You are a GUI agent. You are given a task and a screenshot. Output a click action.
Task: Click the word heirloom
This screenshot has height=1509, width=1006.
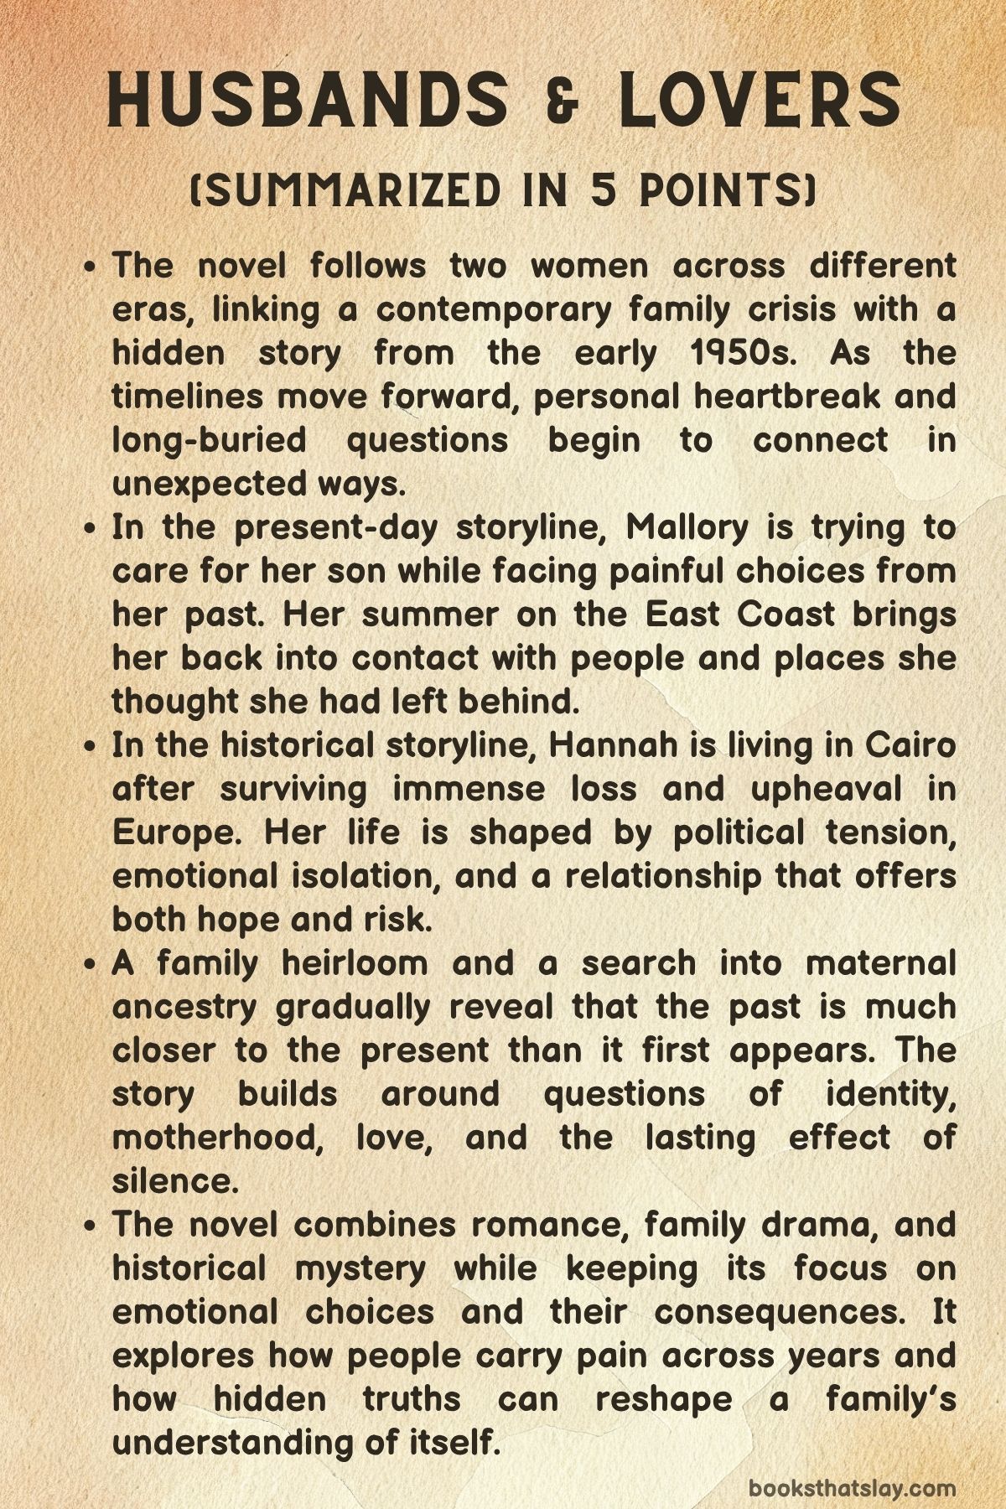tap(354, 963)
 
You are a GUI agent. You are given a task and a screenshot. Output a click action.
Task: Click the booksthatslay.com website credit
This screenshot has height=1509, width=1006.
tap(852, 1464)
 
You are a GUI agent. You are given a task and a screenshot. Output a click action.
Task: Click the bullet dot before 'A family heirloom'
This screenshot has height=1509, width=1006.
tap(93, 965)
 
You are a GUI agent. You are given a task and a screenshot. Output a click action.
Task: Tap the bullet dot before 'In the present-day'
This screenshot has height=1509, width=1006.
tap(93, 529)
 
